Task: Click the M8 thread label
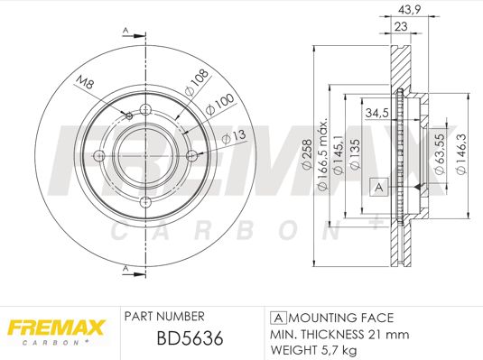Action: click(x=85, y=82)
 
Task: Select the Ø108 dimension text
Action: click(x=196, y=82)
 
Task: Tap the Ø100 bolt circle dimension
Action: click(x=219, y=104)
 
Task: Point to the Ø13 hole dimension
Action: click(x=234, y=137)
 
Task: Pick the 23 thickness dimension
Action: click(x=401, y=26)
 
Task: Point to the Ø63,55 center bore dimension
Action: click(x=440, y=154)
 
